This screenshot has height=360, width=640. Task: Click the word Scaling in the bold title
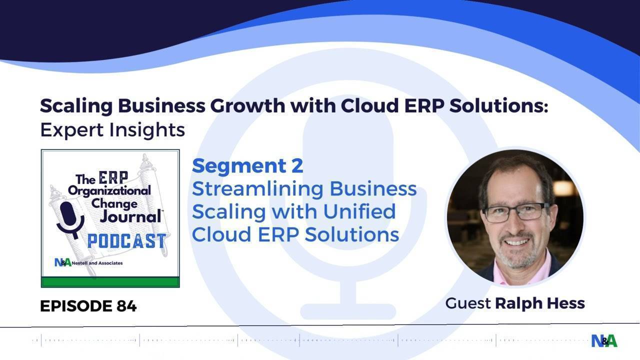76,106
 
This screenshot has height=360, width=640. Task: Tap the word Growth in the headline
247,105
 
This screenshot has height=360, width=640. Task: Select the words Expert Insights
112,130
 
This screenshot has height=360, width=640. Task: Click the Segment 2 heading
247,166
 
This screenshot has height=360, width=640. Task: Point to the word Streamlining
258,188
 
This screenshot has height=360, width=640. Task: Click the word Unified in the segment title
359,211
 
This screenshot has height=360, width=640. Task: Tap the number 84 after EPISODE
126,306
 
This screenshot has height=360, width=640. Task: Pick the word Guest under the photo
468,303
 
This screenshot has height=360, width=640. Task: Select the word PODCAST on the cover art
127,240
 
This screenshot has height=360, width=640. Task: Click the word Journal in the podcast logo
130,216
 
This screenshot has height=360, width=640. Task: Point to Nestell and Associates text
97,263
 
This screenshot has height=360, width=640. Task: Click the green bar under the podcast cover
110,282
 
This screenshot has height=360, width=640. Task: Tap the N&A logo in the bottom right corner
604,340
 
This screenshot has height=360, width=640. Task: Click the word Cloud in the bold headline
369,105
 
